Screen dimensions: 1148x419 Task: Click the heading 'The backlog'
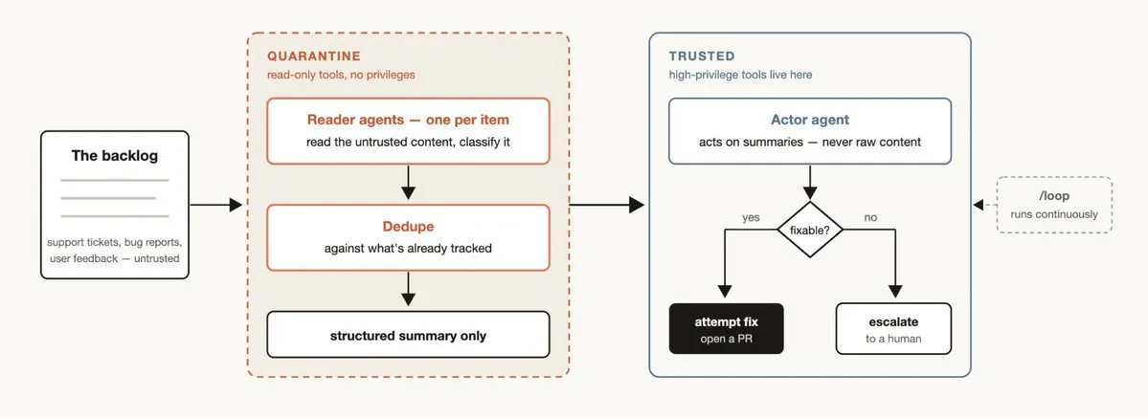(114, 156)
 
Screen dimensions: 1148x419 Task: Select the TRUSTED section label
(702, 56)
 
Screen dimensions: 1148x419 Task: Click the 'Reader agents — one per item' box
(408, 131)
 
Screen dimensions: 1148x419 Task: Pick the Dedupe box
(408, 237)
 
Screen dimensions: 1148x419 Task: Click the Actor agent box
(810, 131)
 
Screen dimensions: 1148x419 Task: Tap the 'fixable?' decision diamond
(810, 230)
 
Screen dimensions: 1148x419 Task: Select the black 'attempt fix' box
(727, 328)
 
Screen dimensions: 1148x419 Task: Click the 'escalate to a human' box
(894, 328)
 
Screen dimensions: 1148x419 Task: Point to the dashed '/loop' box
(1053, 205)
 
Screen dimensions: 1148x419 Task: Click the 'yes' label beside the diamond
(751, 217)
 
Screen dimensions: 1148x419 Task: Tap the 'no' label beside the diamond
(870, 217)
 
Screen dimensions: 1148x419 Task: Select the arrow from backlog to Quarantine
(216, 206)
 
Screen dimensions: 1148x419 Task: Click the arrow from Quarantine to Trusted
(607, 206)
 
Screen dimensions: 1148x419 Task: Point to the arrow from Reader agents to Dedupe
(409, 182)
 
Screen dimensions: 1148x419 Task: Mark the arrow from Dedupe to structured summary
(409, 289)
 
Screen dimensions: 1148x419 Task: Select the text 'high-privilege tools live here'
(740, 74)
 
